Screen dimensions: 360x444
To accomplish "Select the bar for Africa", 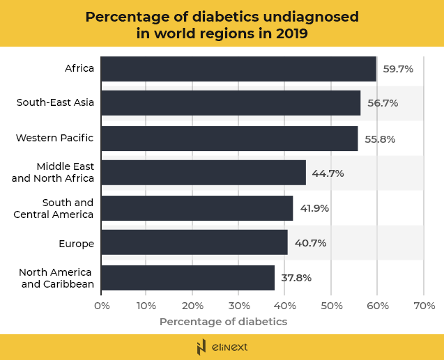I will point(238,69).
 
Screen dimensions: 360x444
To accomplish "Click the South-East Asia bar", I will point(231,103).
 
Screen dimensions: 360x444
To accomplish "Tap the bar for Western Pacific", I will point(229,139).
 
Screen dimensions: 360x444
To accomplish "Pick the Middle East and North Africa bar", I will point(204,173).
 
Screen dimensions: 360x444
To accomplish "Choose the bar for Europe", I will point(194,242).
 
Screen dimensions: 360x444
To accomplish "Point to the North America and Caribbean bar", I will point(188,277).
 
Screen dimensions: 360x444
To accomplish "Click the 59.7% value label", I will point(398,69).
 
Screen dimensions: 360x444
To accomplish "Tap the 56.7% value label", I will point(383,103).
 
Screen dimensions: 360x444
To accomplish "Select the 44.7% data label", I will point(328,173).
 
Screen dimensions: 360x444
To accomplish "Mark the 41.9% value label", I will point(314,208).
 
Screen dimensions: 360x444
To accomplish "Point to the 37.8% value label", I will point(296,278).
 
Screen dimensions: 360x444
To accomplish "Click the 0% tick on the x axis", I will point(101,306).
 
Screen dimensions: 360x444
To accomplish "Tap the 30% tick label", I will point(239,306).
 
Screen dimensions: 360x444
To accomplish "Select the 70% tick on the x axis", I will point(424,306).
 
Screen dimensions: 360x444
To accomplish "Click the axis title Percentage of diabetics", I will point(223,322).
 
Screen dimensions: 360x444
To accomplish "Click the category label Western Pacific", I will point(54,138).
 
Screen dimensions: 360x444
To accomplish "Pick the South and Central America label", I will point(54,208).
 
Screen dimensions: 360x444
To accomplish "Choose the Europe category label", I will point(76,243).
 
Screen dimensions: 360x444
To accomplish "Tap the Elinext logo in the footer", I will point(222,347).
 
